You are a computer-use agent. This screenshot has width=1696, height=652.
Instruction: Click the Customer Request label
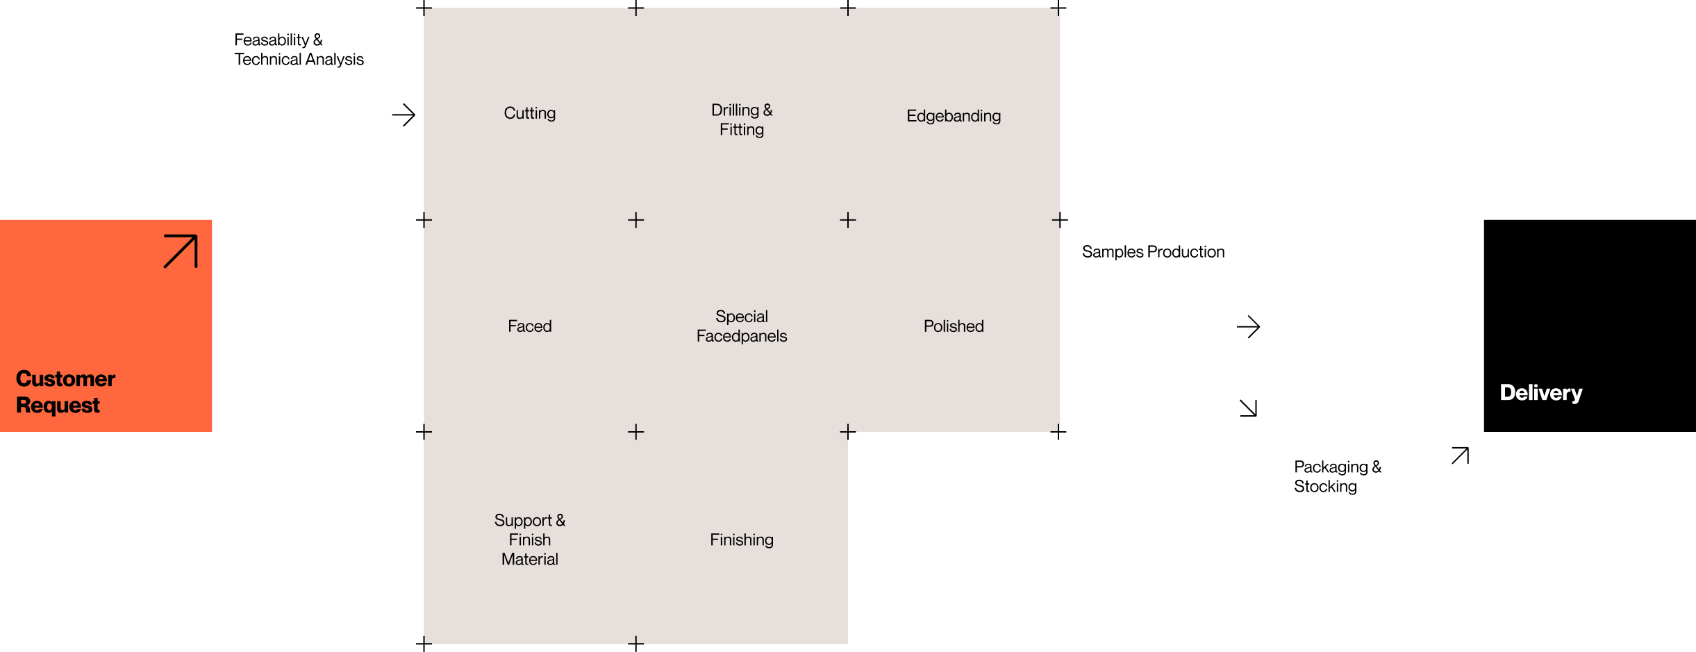pos(65,392)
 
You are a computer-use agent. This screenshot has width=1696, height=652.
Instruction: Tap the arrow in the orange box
pos(181,251)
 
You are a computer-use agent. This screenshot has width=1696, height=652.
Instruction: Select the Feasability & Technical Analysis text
pos(299,49)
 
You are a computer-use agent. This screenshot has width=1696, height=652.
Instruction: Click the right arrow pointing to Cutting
pos(404,115)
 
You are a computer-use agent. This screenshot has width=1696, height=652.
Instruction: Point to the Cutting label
pos(530,113)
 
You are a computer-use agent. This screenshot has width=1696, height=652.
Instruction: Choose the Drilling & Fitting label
pos(742,119)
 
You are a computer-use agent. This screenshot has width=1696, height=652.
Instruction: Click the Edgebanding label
pos(954,116)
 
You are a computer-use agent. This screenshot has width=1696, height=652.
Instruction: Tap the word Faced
pos(530,326)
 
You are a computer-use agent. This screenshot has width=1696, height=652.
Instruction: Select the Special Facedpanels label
pos(742,326)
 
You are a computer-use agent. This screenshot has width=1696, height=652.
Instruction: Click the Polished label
pos(954,326)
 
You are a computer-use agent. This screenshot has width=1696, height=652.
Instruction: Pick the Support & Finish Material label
pos(530,540)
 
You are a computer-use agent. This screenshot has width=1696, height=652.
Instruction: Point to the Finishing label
pos(742,540)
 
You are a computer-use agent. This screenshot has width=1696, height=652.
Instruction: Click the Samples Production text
pos(1153,252)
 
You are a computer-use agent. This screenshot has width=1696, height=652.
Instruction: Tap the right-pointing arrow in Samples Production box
pos(1248,326)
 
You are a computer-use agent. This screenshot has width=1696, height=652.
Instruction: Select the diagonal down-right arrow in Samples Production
pos(1248,408)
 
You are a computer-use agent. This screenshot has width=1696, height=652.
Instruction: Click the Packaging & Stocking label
pos(1338,476)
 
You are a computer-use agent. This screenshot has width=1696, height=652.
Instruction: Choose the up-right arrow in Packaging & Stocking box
pos(1460,455)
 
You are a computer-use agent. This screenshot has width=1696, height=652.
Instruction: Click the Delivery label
pos(1540,392)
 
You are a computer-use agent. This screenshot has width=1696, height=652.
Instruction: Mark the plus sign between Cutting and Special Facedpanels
pos(636,220)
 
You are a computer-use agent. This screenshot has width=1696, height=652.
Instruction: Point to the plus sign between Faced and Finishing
pos(636,432)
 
